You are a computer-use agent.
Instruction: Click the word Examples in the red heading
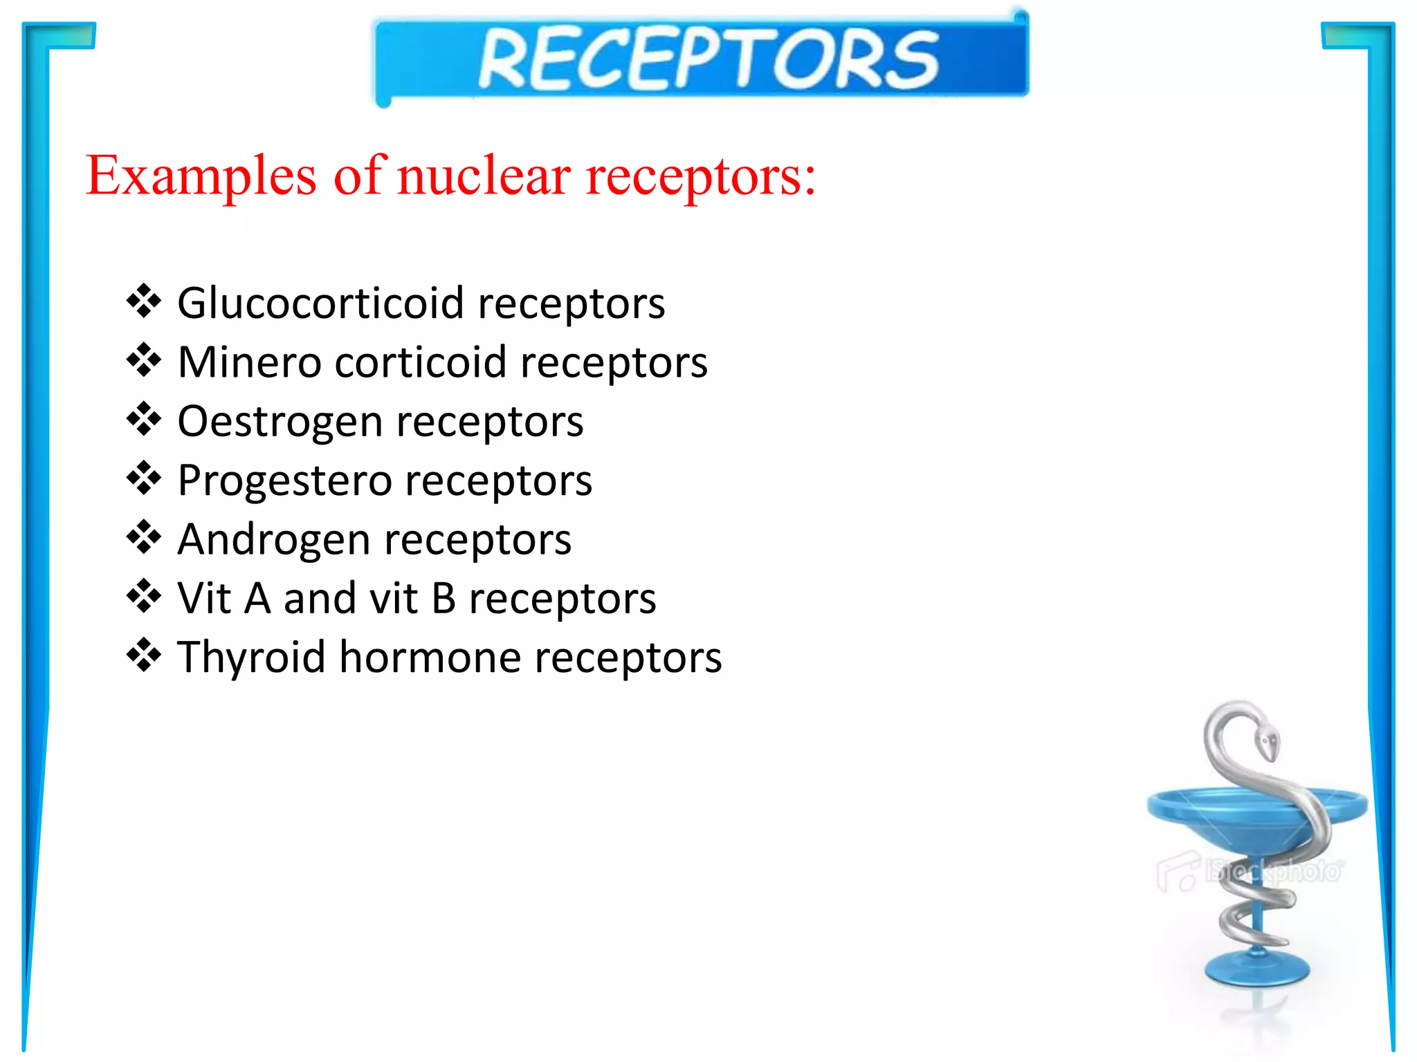click(x=201, y=176)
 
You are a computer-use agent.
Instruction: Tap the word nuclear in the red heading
click(x=484, y=176)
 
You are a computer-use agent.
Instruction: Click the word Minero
click(x=249, y=362)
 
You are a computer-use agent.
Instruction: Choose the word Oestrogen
click(x=280, y=422)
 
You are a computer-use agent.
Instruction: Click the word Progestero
click(x=284, y=481)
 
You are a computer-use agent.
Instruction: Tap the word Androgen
click(x=274, y=540)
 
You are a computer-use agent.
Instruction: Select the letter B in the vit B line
click(x=444, y=598)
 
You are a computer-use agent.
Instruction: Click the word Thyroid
click(x=251, y=657)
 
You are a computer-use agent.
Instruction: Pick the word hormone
click(x=430, y=657)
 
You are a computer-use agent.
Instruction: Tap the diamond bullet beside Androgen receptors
click(x=144, y=537)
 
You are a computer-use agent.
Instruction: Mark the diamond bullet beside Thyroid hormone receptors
click(x=144, y=655)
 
